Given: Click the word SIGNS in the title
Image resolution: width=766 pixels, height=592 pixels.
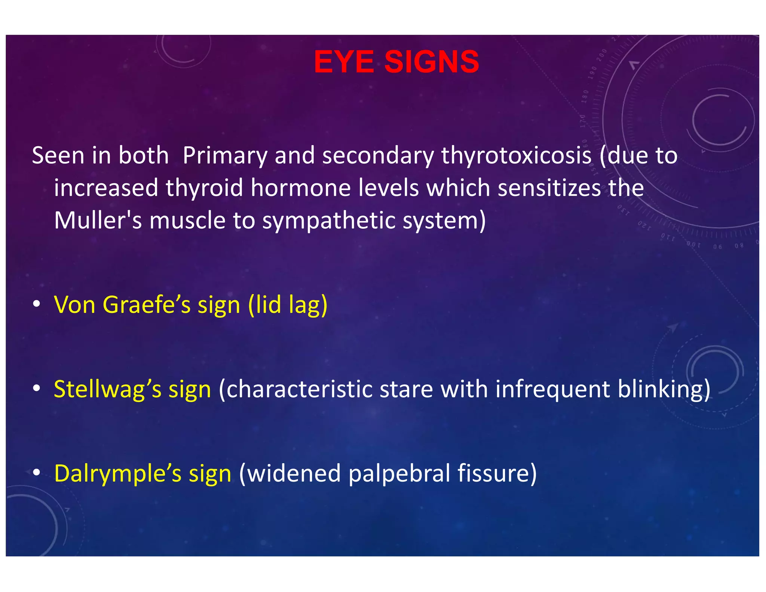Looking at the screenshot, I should click(432, 62).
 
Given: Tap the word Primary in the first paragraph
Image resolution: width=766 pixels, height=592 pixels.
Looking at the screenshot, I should click(225, 155).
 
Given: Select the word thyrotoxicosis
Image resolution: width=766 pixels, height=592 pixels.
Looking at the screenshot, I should click(516, 155).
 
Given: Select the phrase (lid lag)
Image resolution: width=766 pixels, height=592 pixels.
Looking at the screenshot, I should click(288, 305).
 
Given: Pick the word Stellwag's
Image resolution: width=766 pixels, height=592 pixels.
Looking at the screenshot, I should click(108, 389).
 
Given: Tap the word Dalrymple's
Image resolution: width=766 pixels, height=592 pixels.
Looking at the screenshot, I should click(118, 474).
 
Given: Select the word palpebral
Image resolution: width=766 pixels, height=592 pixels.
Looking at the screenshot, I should click(399, 474).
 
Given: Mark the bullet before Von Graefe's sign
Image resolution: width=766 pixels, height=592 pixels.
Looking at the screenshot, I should click(36, 304).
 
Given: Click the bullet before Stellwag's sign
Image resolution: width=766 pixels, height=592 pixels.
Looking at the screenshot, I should click(36, 389).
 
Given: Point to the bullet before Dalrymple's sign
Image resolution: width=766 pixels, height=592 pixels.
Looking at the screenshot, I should click(36, 473).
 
